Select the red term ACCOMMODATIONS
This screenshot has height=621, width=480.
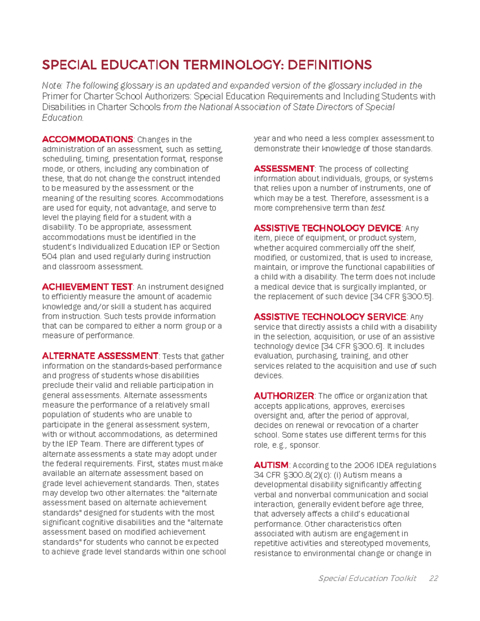coord(88,139)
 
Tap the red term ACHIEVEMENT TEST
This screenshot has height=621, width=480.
coord(87,287)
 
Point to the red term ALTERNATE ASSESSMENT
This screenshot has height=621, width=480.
coord(100,356)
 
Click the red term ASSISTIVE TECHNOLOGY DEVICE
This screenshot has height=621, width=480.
coord(327,228)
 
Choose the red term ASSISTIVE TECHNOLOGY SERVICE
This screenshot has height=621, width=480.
coord(330,317)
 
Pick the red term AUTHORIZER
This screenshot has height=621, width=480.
coord(284,396)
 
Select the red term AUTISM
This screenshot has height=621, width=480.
coord(271,465)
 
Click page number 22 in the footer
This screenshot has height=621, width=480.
coord(433,578)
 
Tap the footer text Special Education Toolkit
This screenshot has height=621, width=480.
coord(367,578)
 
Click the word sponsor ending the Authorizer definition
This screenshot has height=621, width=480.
coord(304,445)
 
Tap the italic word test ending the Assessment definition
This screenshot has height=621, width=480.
coord(378,208)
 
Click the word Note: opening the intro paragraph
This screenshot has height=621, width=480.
coord(52,86)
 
